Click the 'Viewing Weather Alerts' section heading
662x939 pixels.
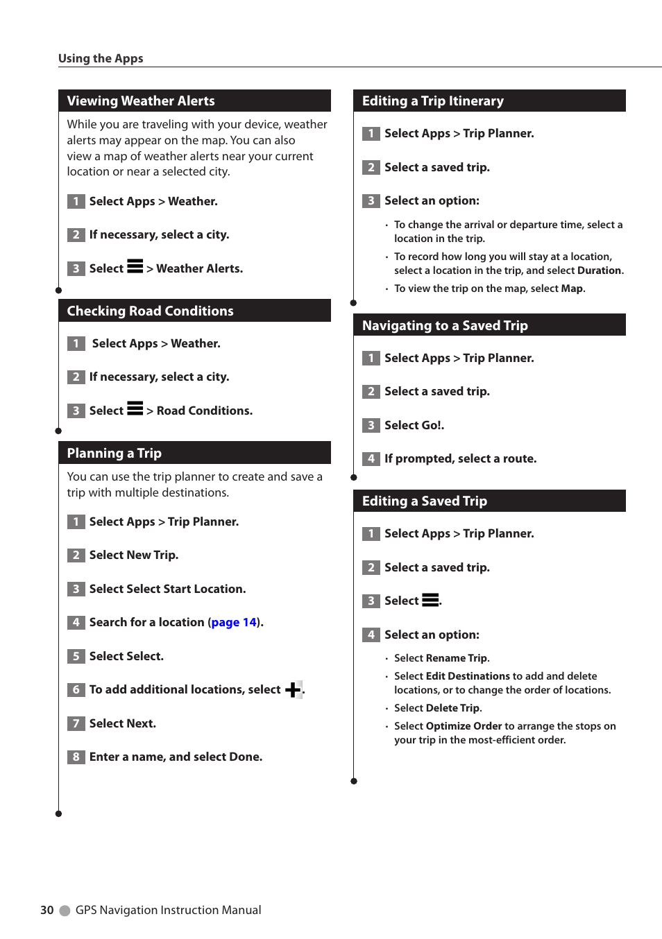[x=141, y=101]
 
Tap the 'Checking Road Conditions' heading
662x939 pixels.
[x=150, y=311]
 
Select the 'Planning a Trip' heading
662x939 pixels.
[x=114, y=454]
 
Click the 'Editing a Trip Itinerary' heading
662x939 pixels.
[x=433, y=101]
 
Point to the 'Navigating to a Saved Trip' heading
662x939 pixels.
[x=445, y=326]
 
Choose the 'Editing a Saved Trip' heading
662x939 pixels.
[x=425, y=501]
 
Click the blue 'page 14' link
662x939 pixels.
[x=234, y=623]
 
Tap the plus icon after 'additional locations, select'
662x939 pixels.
[x=293, y=689]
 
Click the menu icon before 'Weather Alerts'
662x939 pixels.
[x=135, y=266]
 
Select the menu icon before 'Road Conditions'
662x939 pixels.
[x=135, y=408]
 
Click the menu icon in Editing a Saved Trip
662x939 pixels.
[x=430, y=600]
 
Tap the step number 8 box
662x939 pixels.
[x=76, y=757]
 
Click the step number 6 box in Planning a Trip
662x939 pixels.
[x=76, y=689]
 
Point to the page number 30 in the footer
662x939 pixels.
[x=46, y=910]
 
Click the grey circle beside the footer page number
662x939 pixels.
[x=65, y=911]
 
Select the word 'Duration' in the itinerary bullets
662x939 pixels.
[x=600, y=270]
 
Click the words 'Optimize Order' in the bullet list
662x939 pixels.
[x=464, y=726]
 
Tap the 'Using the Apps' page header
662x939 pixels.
[x=101, y=58]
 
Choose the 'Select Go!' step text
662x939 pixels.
[x=414, y=425]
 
